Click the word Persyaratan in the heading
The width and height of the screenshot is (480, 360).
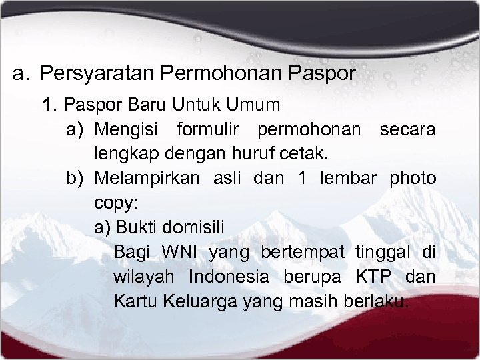pyautogui.click(x=101, y=73)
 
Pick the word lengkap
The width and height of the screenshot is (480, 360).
pyautogui.click(x=123, y=154)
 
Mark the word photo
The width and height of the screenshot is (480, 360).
pyautogui.click(x=413, y=179)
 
